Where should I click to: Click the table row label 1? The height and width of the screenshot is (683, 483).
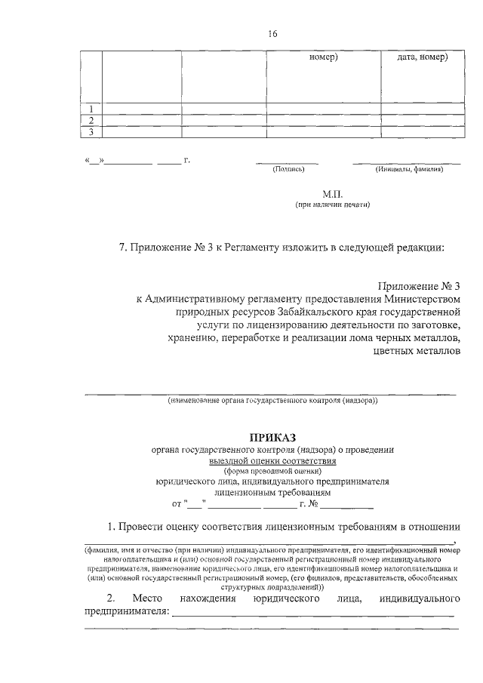[x=91, y=109]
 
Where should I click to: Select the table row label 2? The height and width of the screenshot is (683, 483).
[x=91, y=121]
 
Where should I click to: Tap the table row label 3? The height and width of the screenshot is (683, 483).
[x=91, y=133]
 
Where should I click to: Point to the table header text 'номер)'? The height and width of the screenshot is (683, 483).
[x=324, y=57]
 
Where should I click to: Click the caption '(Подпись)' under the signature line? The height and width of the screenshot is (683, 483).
[x=288, y=170]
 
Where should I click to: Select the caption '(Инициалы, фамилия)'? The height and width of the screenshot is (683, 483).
[x=408, y=170]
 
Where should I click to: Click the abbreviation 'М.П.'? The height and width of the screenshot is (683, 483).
[x=333, y=194]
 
